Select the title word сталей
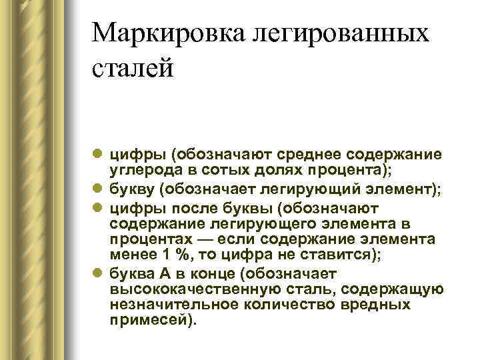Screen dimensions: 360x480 [x=133, y=69]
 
